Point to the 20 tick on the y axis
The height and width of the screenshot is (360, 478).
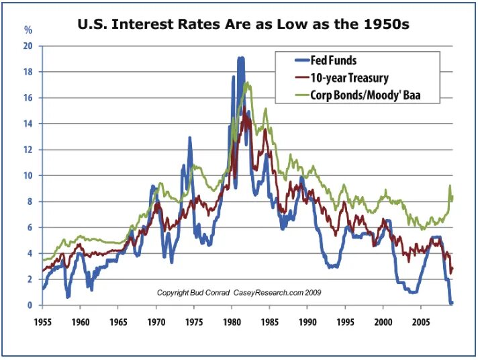pyautogui.click(x=28, y=46)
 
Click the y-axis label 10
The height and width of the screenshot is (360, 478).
pyautogui.click(x=28, y=176)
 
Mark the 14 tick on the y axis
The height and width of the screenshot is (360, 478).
pyautogui.click(x=28, y=124)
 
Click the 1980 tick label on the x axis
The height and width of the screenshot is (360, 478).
pyautogui.click(x=232, y=321)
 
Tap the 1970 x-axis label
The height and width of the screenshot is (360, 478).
pyautogui.click(x=156, y=321)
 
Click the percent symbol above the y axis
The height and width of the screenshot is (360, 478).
pyautogui.click(x=28, y=30)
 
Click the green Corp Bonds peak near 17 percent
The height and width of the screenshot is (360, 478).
pyautogui.click(x=248, y=84)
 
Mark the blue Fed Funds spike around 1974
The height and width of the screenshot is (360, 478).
pyautogui.click(x=190, y=138)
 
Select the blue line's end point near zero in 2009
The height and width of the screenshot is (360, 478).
pyautogui.click(x=452, y=303)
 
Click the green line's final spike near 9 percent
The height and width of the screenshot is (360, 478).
pyautogui.click(x=450, y=186)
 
